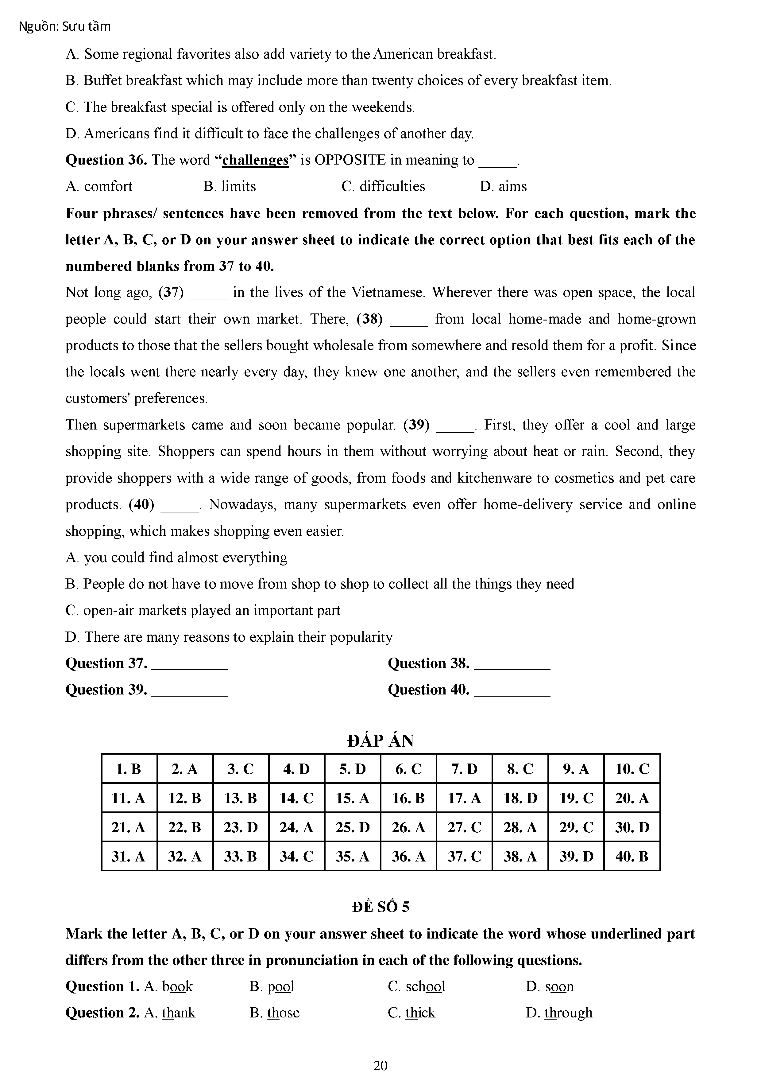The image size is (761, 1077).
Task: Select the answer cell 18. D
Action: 520,798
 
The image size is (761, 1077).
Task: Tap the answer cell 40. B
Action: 632,857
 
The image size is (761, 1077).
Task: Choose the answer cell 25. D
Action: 352,827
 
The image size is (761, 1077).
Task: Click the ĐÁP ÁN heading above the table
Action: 380,741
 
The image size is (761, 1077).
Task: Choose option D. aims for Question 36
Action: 503,187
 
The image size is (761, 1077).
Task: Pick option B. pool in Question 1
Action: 272,986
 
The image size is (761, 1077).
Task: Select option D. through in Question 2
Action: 559,1013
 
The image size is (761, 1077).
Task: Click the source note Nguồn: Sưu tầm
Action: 65,27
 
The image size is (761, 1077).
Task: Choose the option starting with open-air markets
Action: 203,610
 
